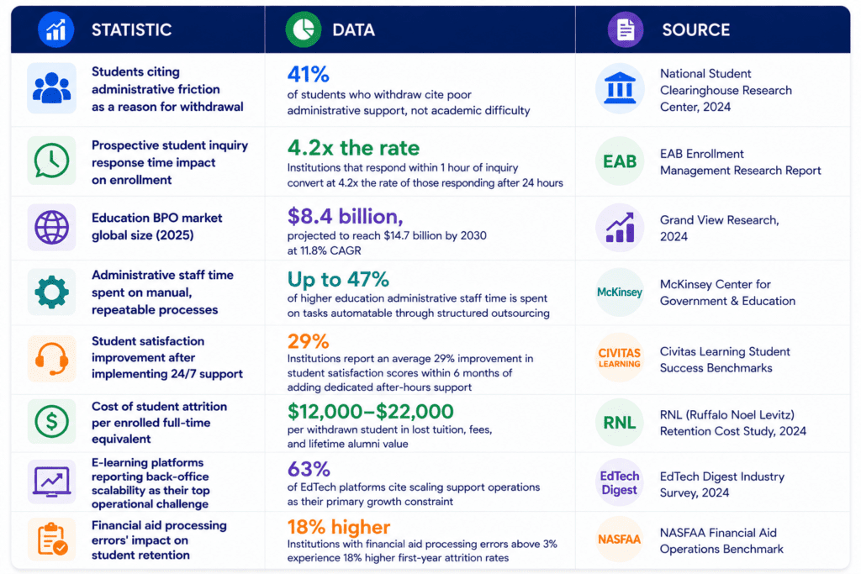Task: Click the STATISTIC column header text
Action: pos(131,29)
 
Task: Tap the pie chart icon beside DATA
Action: pos(303,29)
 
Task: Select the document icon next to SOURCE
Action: pos(626,29)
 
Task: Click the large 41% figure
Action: pos(308,74)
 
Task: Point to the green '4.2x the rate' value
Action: pos(353,148)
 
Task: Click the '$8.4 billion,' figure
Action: pos(345,216)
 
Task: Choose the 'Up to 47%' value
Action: pos(338,279)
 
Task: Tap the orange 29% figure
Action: pos(308,341)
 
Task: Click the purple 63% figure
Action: pos(309,469)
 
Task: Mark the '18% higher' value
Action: pos(339,527)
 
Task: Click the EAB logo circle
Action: pos(620,161)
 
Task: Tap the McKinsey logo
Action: pos(620,292)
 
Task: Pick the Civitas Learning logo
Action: pos(620,357)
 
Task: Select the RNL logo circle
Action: pos(620,423)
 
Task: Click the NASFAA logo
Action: pos(620,540)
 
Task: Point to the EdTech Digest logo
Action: pos(620,483)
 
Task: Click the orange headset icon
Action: pos(51,359)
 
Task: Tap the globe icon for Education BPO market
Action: pos(51,227)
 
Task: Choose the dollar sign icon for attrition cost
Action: pos(51,421)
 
